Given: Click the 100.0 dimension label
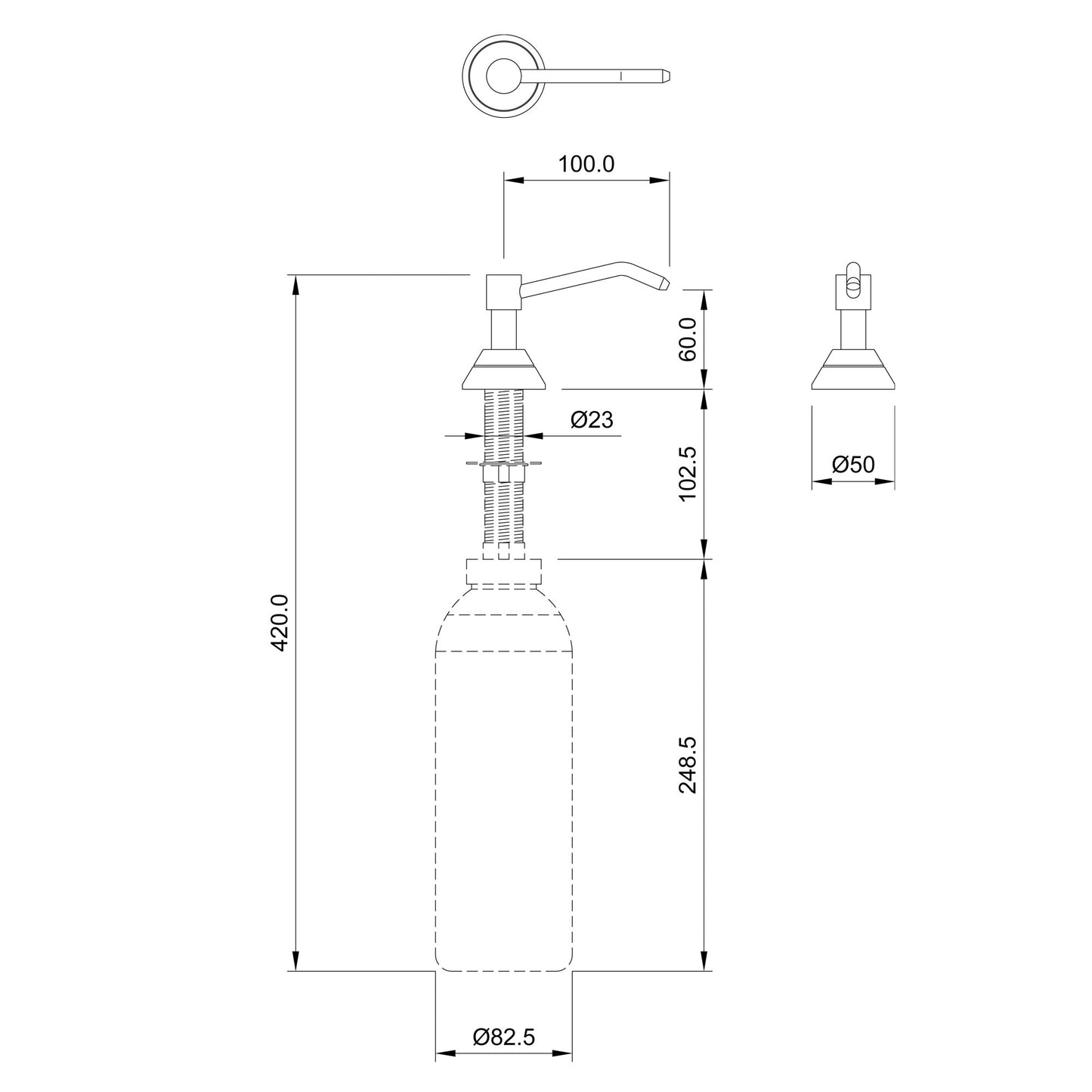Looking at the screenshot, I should [x=586, y=164].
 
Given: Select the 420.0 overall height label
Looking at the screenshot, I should [x=280, y=622].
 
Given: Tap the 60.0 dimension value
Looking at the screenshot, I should [x=688, y=339].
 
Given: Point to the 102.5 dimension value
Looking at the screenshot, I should [x=688, y=474].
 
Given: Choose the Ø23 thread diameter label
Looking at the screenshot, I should [x=592, y=420].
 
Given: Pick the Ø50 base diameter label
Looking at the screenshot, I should [x=853, y=465].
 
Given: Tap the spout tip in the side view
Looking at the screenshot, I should [x=663, y=284].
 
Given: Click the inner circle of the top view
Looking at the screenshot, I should [x=503, y=76].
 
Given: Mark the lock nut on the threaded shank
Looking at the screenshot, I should [x=503, y=473].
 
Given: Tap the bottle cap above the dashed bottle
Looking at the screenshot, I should [x=504, y=572].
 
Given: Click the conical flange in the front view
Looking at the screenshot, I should [x=852, y=370].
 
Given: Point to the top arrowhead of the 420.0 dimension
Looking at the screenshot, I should [x=295, y=285].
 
